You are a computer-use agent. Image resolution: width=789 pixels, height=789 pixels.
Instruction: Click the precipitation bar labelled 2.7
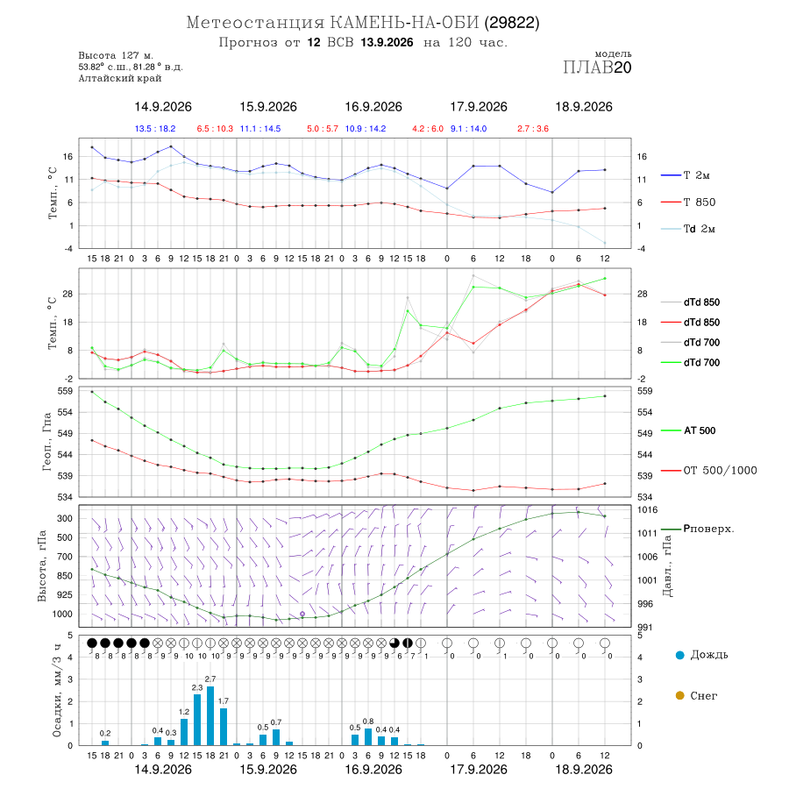210,715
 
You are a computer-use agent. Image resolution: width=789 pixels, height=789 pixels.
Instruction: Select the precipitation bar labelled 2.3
197,720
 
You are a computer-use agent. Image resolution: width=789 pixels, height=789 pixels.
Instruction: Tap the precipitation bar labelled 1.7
224,727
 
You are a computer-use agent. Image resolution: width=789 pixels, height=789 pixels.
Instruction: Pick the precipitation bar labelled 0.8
368,736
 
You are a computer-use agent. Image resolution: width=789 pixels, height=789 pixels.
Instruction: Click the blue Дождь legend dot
680,655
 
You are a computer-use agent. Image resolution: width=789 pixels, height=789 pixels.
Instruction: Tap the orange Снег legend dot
680,695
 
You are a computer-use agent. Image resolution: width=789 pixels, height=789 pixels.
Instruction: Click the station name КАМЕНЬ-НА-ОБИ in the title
404,23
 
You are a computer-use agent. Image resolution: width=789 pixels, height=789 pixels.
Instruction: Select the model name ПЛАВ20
597,68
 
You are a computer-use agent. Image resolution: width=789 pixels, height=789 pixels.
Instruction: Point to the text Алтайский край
120,79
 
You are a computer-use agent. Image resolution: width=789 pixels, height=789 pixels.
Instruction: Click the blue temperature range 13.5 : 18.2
155,129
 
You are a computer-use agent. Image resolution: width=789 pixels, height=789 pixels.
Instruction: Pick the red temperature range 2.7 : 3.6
533,129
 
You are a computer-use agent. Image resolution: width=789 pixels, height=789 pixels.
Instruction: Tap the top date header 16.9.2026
373,107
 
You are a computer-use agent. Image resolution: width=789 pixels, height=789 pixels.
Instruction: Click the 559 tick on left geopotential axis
67,391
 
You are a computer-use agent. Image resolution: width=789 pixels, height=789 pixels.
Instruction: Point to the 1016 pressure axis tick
647,509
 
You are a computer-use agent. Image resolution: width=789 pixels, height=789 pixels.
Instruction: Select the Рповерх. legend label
708,529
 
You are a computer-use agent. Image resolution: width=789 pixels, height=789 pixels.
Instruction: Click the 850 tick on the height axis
64,576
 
